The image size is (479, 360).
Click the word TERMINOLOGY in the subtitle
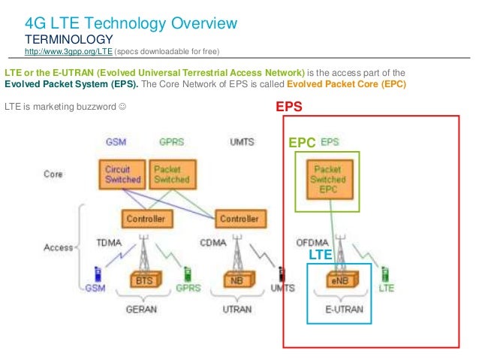[x=69, y=39]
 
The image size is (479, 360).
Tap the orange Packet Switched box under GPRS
[x=170, y=174]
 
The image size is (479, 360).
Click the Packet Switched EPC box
[x=327, y=180]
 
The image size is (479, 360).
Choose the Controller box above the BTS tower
[x=146, y=219]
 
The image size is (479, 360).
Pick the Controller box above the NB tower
[x=238, y=219]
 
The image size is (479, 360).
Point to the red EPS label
[x=288, y=107]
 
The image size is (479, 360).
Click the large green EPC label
[x=303, y=142]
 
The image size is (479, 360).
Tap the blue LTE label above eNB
[x=321, y=256]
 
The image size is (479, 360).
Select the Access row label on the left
[x=59, y=247]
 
